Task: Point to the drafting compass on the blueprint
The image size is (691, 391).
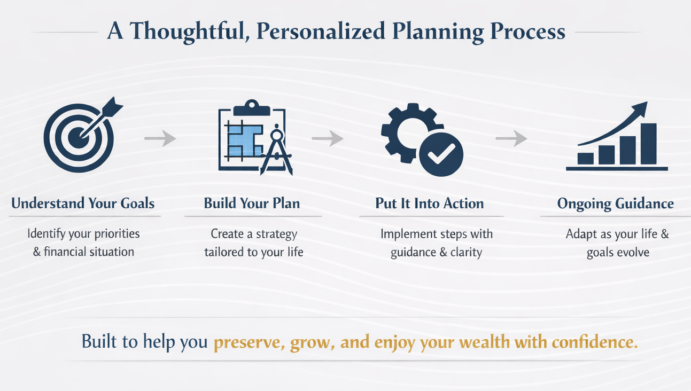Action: (x=276, y=151)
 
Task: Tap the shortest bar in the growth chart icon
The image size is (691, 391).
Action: (x=586, y=158)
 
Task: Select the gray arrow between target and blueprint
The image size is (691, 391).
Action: (x=160, y=139)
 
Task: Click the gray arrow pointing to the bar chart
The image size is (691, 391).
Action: (x=511, y=139)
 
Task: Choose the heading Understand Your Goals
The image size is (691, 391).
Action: (x=83, y=204)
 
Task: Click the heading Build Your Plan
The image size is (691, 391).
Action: (x=252, y=204)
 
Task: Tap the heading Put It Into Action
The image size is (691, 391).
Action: (x=429, y=204)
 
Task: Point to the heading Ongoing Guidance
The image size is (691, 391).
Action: (x=615, y=204)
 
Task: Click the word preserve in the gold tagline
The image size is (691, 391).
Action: (x=248, y=342)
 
